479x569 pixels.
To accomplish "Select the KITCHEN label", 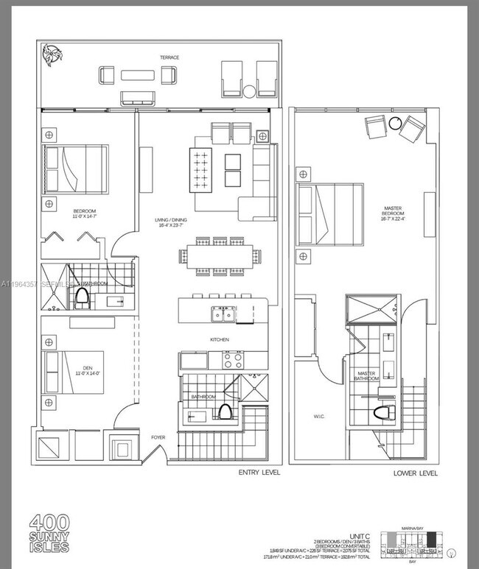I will pos(219,339).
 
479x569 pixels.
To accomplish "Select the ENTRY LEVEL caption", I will pos(259,472).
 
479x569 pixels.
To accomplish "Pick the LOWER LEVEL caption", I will pos(415,472).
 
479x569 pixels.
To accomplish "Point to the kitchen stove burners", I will pos(234,360).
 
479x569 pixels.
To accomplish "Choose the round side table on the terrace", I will pos(249,92).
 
